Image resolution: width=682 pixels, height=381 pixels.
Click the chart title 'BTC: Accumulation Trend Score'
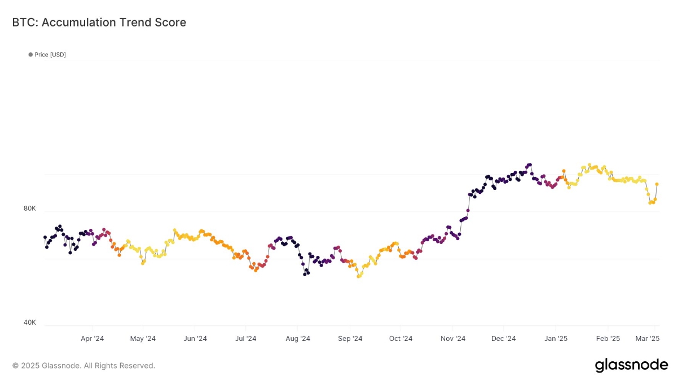click(99, 23)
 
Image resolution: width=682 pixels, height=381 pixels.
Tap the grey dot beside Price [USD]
click(30, 55)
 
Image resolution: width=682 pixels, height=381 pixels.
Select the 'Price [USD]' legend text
click(50, 55)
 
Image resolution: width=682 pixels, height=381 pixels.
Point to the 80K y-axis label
click(29, 209)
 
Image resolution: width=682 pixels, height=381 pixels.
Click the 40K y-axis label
click(29, 322)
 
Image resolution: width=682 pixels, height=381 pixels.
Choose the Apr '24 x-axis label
click(93, 339)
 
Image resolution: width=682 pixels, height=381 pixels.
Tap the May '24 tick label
click(143, 339)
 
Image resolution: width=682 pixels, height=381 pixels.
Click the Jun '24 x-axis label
click(195, 339)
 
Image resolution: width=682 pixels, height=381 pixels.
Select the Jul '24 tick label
click(246, 339)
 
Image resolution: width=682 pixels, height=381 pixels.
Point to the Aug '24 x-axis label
click(298, 339)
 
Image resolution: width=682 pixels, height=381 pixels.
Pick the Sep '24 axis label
click(350, 339)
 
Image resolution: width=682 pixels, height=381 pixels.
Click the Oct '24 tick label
click(401, 339)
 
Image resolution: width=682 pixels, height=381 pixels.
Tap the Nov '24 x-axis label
click(453, 339)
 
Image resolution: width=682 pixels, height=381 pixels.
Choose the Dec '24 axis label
click(504, 339)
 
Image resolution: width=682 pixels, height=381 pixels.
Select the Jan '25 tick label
click(556, 339)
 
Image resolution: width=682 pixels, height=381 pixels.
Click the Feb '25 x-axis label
click(608, 339)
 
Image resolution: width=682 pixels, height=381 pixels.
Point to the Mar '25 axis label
click(648, 339)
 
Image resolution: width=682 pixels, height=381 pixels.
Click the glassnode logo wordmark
click(632, 365)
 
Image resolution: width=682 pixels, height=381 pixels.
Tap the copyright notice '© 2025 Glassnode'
click(46, 365)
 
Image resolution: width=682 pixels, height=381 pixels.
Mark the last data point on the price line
click(657, 184)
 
